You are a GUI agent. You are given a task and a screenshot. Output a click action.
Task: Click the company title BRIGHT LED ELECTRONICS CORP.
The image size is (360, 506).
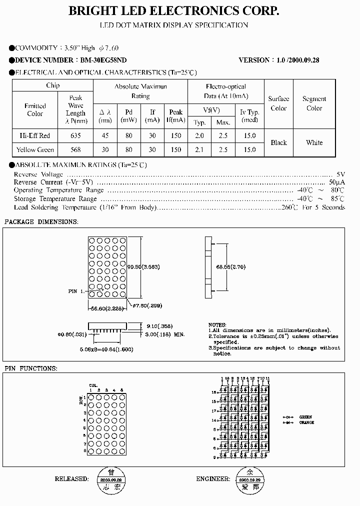(x=173, y=11)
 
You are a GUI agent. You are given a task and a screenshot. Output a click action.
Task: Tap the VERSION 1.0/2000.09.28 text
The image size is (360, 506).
(x=279, y=60)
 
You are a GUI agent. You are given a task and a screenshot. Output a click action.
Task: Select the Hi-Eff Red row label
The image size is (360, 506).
(x=35, y=135)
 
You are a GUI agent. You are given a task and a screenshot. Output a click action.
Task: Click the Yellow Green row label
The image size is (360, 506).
(x=35, y=149)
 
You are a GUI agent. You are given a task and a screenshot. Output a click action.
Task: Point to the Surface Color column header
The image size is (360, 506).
(x=278, y=103)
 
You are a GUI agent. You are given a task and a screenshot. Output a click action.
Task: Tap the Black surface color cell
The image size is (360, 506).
(x=278, y=142)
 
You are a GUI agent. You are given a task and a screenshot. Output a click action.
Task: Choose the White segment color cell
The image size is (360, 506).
(x=314, y=142)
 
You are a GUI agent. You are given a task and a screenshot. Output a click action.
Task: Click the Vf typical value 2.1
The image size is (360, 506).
(x=199, y=149)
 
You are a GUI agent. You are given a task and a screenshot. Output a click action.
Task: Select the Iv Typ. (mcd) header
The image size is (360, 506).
(x=249, y=116)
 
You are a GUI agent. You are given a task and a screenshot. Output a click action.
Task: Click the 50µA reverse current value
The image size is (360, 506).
(x=337, y=182)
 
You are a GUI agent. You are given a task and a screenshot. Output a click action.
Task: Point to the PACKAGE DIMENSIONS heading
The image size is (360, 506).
(x=41, y=221)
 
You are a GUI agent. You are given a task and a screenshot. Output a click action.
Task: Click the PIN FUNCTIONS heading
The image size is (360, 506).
(x=31, y=368)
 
